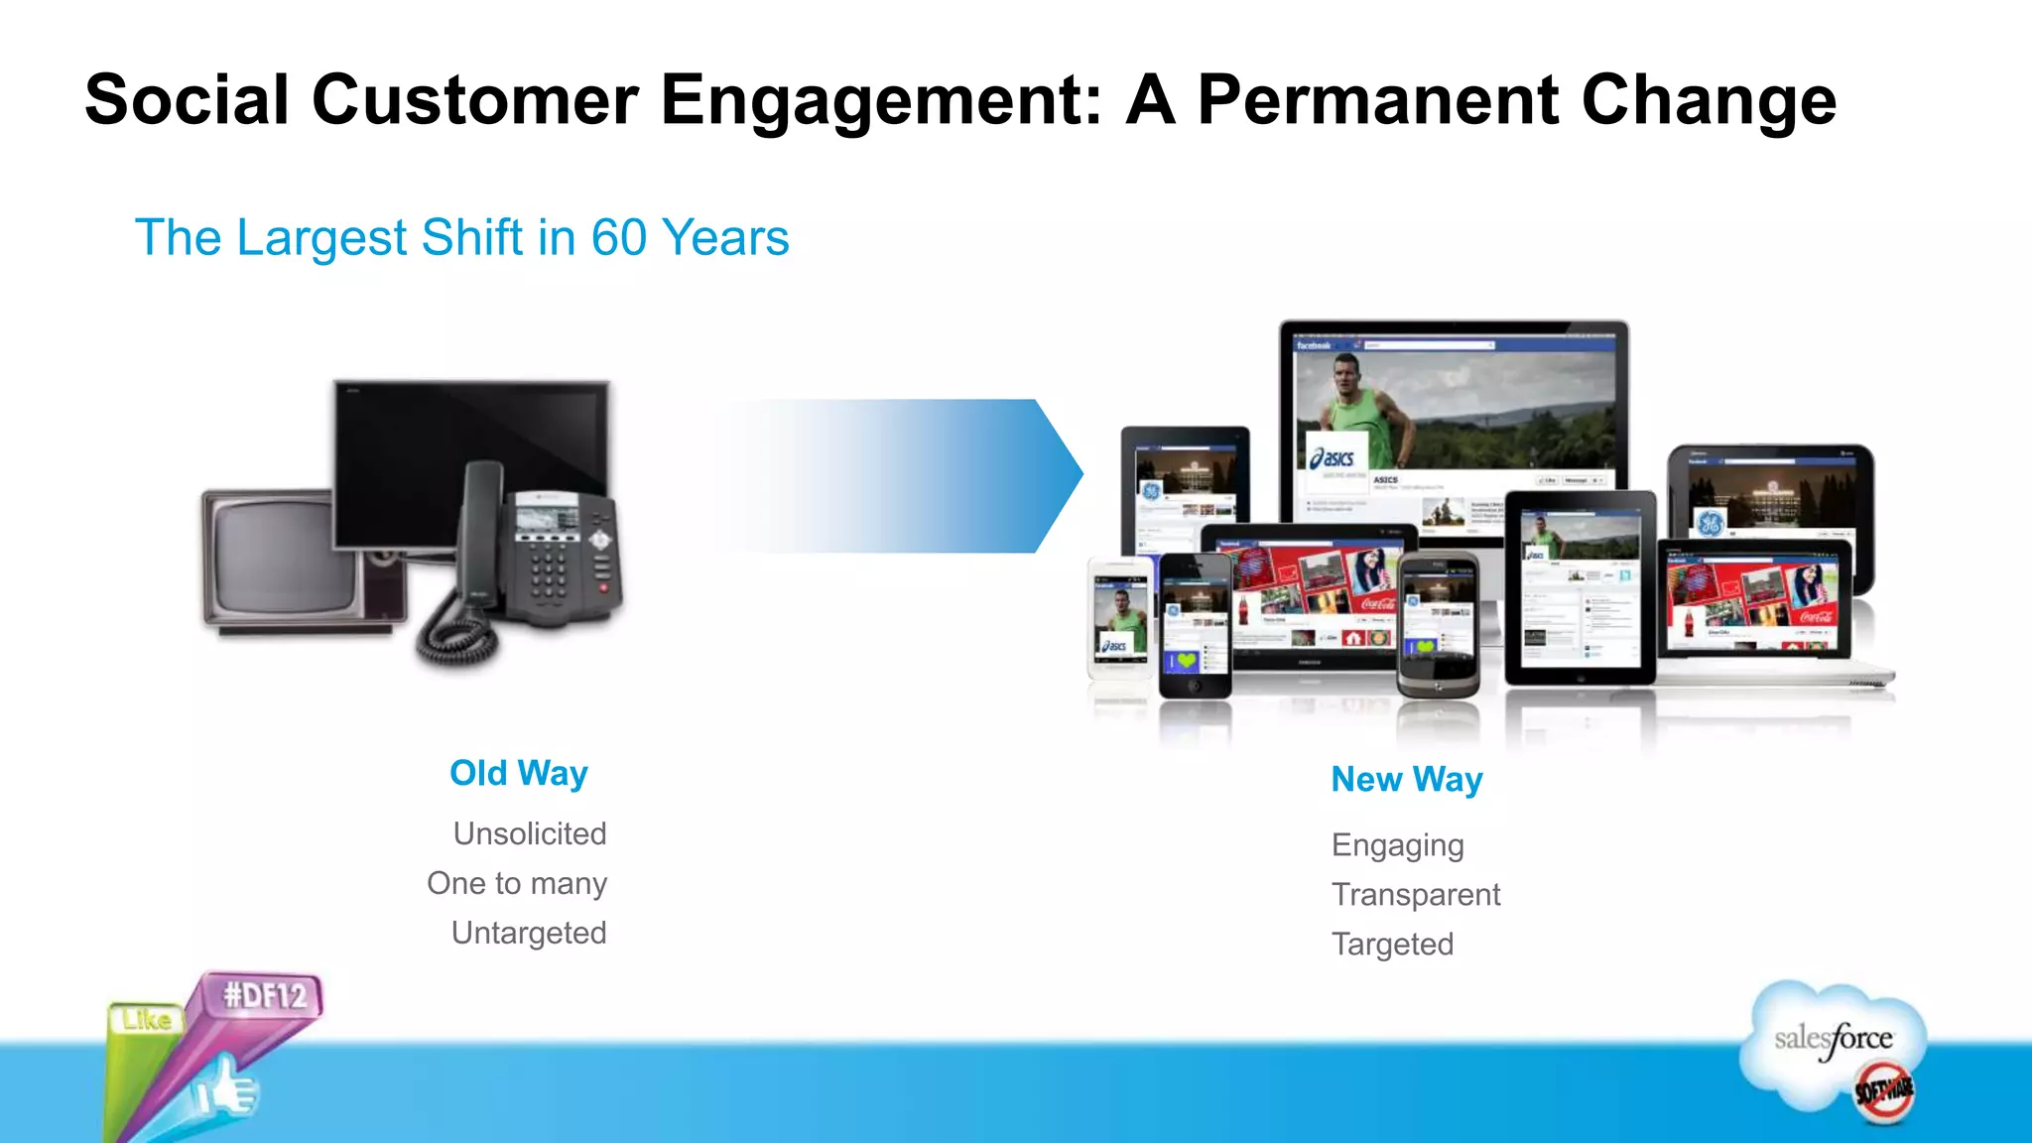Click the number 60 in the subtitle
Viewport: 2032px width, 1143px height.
point(619,238)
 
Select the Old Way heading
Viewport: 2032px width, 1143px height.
point(518,773)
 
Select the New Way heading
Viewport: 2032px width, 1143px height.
point(1406,780)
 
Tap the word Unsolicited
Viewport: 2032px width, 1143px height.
point(529,833)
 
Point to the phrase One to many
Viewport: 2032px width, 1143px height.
point(516,883)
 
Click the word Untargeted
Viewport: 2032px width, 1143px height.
point(528,933)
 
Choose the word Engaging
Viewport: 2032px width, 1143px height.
point(1397,845)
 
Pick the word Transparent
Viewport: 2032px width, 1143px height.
point(1415,895)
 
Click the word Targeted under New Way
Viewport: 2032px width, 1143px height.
point(1392,945)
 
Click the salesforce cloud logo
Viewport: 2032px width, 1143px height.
point(1834,1042)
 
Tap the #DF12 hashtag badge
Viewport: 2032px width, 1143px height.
point(264,995)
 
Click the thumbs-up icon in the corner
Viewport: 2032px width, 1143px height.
point(228,1089)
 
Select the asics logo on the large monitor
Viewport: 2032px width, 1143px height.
point(1333,457)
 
